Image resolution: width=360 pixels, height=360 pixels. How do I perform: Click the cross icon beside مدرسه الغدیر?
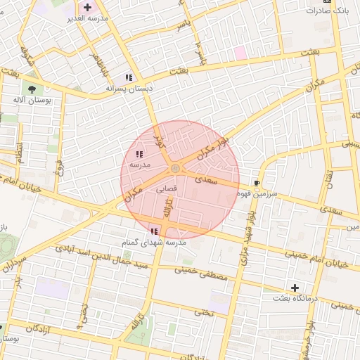point(87,7)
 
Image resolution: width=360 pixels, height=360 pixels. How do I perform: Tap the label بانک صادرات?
point(329,11)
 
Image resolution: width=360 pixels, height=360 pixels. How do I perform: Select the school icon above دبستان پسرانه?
point(129,77)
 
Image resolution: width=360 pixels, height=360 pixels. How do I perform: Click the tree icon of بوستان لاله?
point(32,89)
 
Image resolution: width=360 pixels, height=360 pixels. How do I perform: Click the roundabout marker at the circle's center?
point(174,168)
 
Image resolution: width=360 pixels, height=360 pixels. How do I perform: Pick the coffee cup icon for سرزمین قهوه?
point(266,183)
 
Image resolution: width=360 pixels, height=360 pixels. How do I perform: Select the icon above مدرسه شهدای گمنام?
point(154,231)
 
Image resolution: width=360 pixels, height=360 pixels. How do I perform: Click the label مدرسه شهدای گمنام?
point(154,242)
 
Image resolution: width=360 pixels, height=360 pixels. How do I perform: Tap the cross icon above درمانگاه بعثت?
point(295,288)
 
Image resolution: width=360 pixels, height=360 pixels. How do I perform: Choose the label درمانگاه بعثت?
point(297,299)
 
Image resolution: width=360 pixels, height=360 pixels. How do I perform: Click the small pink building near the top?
point(240,52)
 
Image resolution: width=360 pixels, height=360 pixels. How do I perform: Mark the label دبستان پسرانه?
point(129,89)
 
